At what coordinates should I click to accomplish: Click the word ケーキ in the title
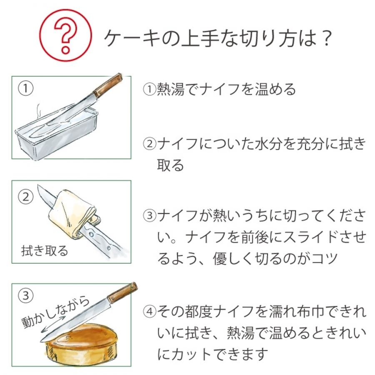pyautogui.click(x=132, y=38)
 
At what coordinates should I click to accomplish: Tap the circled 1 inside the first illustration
pyautogui.click(x=25, y=88)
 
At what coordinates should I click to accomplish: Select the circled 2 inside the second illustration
pyautogui.click(x=25, y=197)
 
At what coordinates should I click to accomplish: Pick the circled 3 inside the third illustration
pyautogui.click(x=25, y=295)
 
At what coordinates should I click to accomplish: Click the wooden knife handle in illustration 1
pyautogui.click(x=107, y=85)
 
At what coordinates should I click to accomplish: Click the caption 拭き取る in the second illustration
pyautogui.click(x=45, y=251)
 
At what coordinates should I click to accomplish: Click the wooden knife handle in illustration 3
pyautogui.click(x=122, y=293)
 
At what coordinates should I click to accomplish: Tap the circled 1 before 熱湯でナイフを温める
pyautogui.click(x=150, y=89)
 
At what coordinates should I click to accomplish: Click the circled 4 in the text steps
pyautogui.click(x=150, y=312)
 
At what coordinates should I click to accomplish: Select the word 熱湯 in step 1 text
pyautogui.click(x=171, y=89)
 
